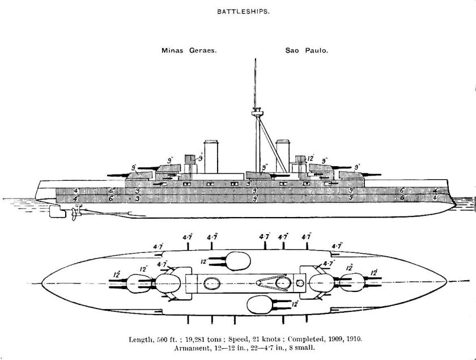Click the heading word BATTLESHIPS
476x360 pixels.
(238, 11)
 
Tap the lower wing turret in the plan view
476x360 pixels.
(262, 304)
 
